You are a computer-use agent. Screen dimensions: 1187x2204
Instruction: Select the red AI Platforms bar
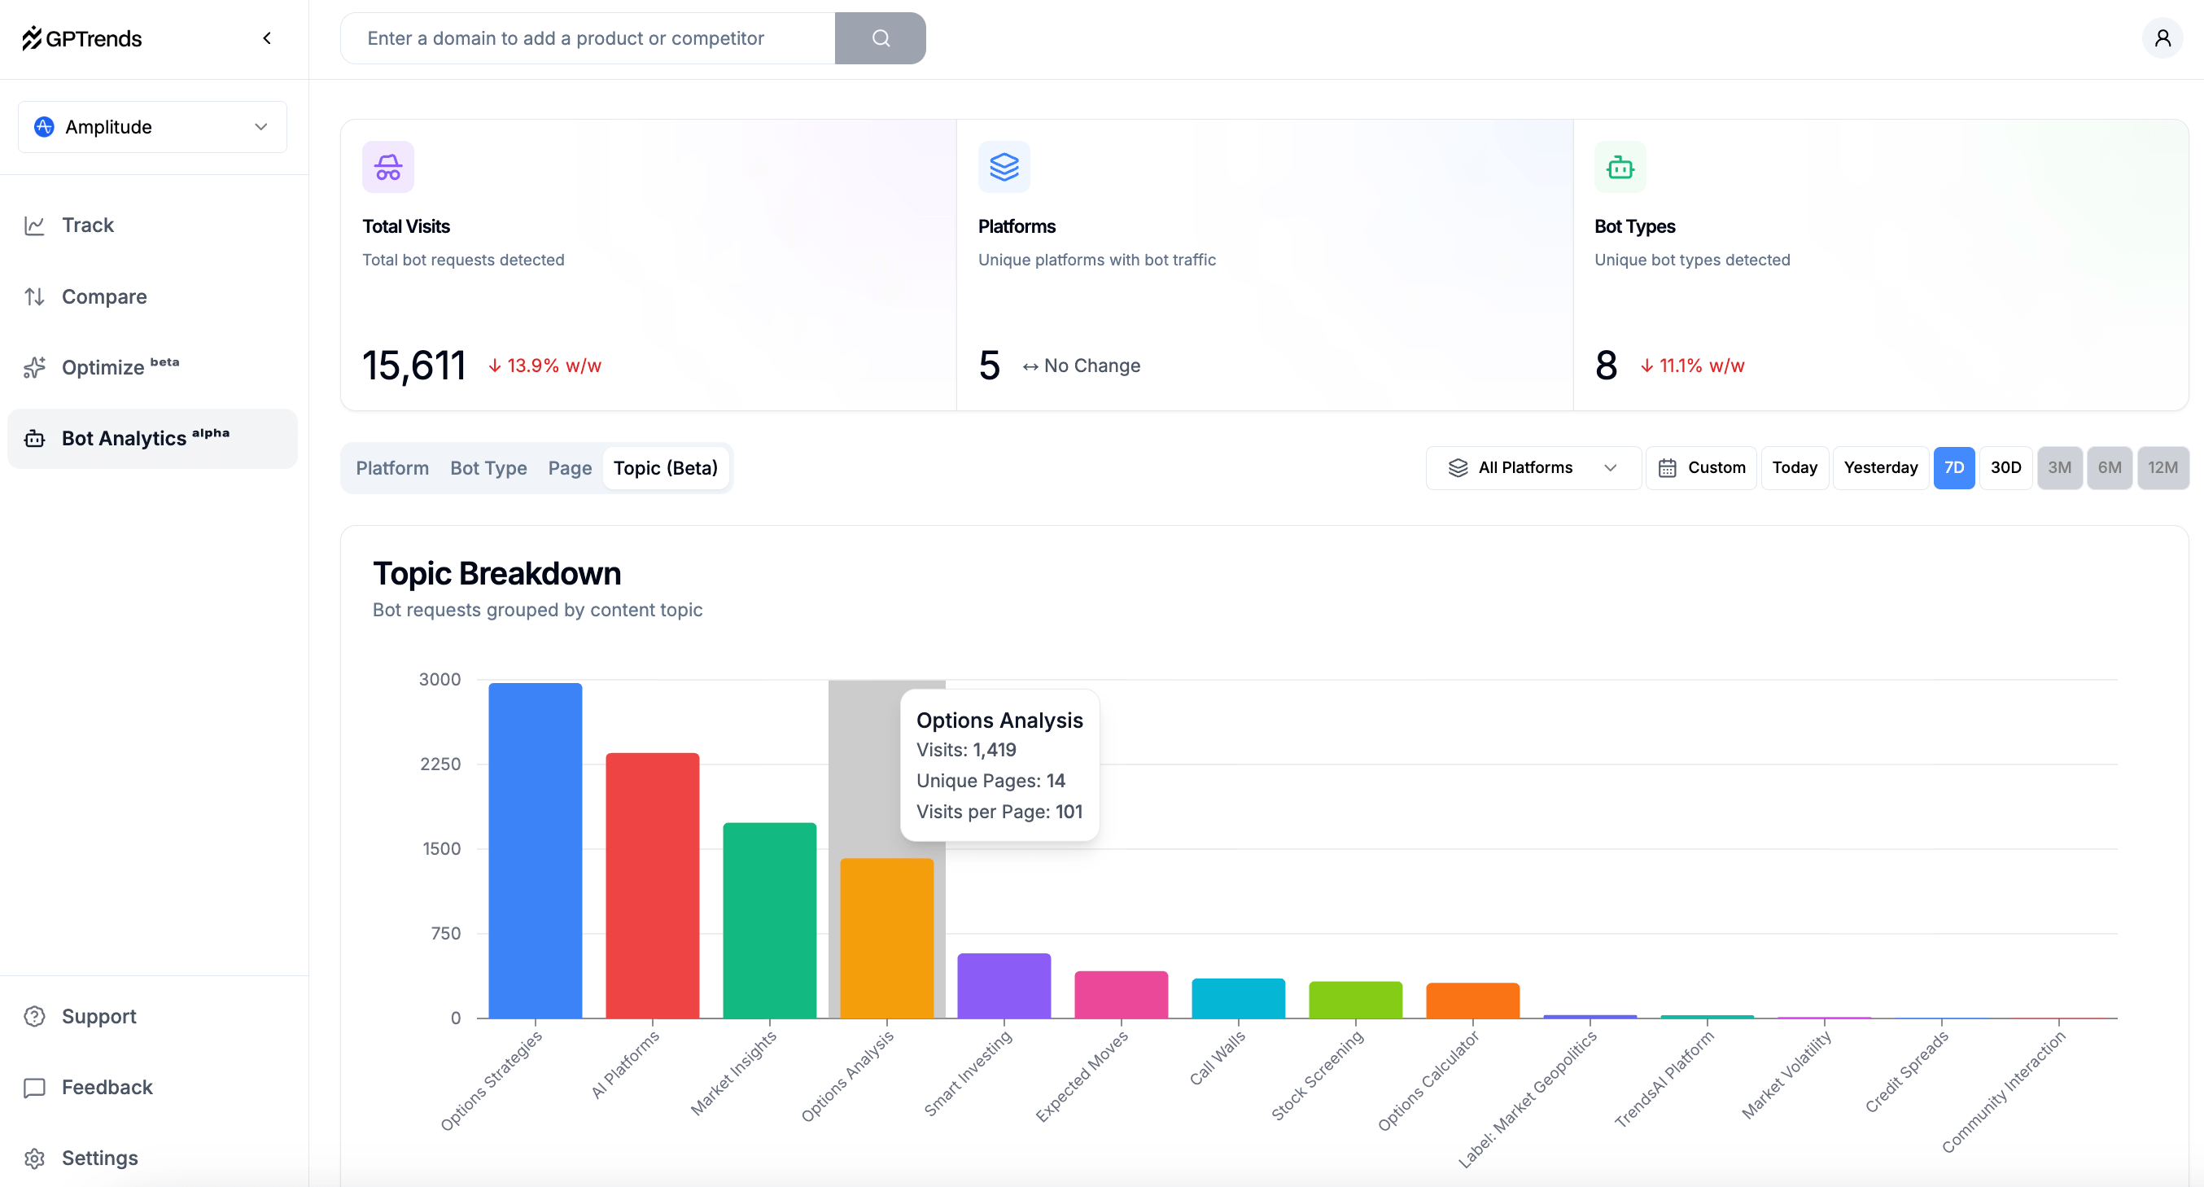(652, 885)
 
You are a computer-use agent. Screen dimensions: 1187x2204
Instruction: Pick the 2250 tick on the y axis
(439, 764)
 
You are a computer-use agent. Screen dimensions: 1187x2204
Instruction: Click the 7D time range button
(1953, 467)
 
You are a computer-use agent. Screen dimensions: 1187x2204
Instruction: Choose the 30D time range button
(2005, 467)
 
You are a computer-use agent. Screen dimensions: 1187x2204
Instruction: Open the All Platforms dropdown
(1533, 467)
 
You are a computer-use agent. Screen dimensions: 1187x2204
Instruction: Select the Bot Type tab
(488, 468)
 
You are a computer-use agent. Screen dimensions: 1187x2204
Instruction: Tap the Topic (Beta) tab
(665, 468)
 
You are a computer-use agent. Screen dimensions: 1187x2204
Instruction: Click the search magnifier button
(881, 37)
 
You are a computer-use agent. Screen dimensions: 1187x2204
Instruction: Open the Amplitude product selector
(152, 127)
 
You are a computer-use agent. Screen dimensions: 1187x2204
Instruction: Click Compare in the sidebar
(103, 296)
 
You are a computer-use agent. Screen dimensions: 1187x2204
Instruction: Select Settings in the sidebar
(99, 1158)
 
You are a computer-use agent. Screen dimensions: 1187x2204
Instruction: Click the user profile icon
(2162, 37)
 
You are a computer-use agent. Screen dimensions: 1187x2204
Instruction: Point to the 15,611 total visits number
(413, 366)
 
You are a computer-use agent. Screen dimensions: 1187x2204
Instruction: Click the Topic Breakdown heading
(496, 573)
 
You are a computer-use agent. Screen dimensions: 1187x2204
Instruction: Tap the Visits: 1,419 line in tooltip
(966, 750)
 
